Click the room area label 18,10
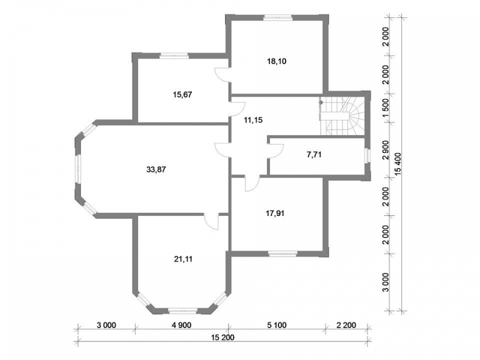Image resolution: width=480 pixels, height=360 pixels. click(x=277, y=61)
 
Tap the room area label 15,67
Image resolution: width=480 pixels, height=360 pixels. click(x=182, y=95)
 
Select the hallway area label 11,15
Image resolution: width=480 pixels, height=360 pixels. click(x=253, y=120)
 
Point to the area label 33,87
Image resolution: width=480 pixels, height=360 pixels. click(x=156, y=169)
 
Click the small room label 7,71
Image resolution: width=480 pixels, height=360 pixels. click(x=314, y=155)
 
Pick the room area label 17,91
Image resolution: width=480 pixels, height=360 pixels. click(x=275, y=214)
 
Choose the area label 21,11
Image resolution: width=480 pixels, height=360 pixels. click(x=183, y=259)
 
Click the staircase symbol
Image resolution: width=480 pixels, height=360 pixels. click(x=342, y=116)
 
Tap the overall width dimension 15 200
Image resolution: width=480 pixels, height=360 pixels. click(x=223, y=337)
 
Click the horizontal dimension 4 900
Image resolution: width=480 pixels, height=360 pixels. click(x=182, y=325)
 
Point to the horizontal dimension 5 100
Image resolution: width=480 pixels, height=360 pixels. click(x=277, y=325)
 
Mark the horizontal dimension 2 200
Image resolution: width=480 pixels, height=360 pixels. click(x=346, y=325)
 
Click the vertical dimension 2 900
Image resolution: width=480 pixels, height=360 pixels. click(x=386, y=150)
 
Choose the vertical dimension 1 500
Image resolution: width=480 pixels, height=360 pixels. click(x=386, y=108)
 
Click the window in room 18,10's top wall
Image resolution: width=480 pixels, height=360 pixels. click(x=278, y=18)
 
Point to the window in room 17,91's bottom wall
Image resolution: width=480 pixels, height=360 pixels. click(x=283, y=253)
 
